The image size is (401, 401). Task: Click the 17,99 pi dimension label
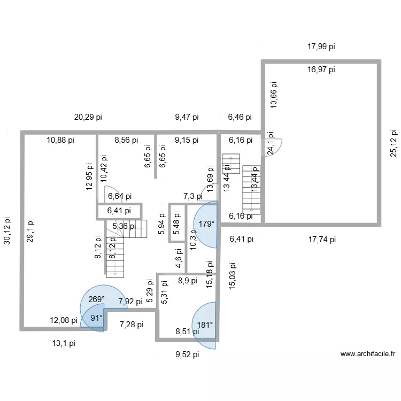coord(321,47)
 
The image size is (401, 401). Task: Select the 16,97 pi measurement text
coord(321,70)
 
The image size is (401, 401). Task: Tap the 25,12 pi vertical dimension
coord(394,142)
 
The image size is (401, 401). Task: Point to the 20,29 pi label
coord(88,117)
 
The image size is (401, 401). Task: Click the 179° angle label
coord(206,224)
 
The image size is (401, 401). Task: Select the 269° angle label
coord(97,300)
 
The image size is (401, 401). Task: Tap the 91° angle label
coord(97,318)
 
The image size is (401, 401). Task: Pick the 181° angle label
coord(205,324)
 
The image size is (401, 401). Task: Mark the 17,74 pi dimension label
coord(321,240)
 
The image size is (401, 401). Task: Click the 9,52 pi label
coord(187,354)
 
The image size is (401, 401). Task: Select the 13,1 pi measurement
coord(63,344)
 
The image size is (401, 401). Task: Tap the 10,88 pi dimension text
coord(60,140)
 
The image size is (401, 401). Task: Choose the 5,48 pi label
coord(177,220)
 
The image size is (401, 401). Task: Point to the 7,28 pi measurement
coord(131,325)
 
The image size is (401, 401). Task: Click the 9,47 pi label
coord(187,117)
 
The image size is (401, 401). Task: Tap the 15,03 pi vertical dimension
coord(232,276)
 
